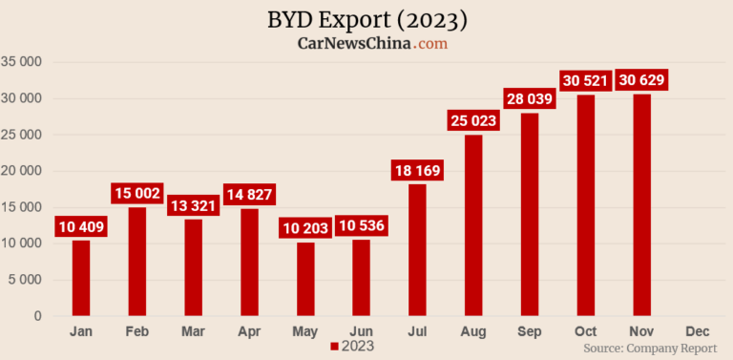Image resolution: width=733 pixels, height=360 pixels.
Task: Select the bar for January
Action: [81, 278]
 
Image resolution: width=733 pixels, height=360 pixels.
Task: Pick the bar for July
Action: [417, 250]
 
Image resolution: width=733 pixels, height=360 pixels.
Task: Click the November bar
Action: [641, 205]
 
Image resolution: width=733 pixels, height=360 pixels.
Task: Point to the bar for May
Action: [305, 279]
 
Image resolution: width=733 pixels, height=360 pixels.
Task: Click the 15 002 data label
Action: [137, 193]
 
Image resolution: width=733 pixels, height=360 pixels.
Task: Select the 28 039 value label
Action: [530, 98]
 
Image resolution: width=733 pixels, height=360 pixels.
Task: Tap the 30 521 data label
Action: [586, 80]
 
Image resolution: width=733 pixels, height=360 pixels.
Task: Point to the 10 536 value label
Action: [362, 226]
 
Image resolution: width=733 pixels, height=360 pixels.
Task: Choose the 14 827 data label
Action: [249, 195]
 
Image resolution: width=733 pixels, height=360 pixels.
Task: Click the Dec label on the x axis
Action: [697, 330]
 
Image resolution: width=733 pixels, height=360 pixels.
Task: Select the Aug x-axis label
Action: [473, 330]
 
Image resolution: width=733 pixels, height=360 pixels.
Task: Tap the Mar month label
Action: [193, 330]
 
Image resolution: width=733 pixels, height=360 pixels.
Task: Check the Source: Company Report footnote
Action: [649, 349]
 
